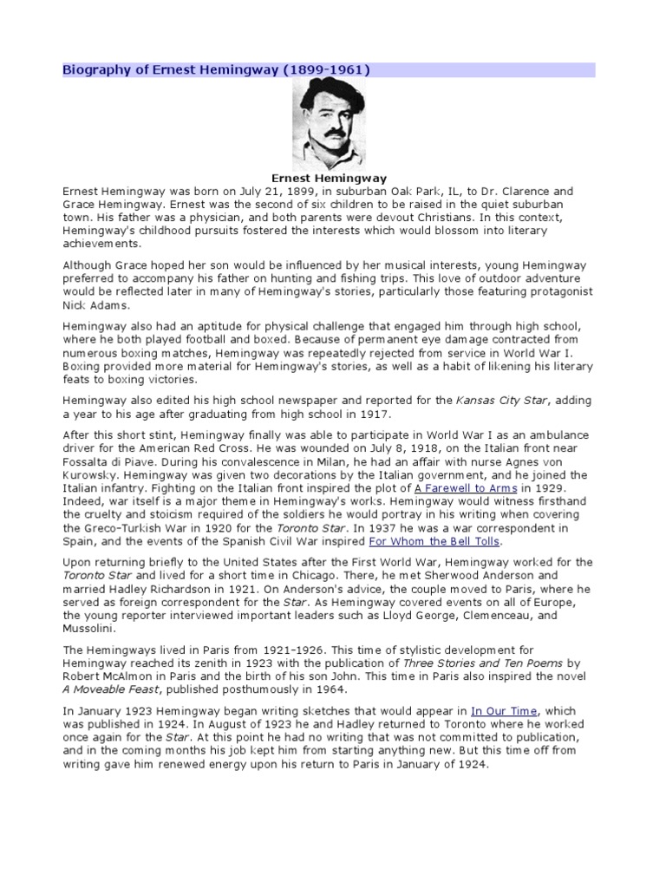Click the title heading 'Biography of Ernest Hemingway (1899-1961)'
(216, 69)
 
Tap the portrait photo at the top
(332, 124)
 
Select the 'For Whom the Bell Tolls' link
(434, 541)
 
